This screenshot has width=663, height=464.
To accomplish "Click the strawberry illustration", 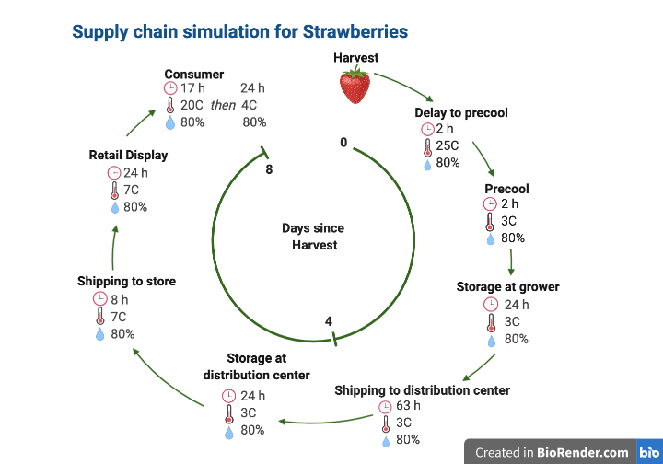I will [x=355, y=86].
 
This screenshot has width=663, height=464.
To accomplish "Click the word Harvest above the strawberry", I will [x=355, y=58].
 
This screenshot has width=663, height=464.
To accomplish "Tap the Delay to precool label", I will [x=460, y=113].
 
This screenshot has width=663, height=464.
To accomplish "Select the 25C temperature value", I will [x=448, y=146].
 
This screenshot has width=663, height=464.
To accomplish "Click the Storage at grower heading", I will [x=507, y=287].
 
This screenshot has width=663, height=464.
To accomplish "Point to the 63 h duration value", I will [x=408, y=406].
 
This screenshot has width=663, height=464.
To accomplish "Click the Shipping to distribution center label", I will [x=422, y=390].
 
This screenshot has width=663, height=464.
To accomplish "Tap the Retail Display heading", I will [x=128, y=155].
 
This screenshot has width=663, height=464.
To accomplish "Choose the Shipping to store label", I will [x=126, y=281].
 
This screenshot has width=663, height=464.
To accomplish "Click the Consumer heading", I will [x=193, y=74].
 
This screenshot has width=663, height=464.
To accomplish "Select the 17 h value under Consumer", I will [x=192, y=88].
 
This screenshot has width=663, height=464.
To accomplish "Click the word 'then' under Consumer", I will [x=223, y=105].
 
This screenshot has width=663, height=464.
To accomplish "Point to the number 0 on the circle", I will [x=343, y=143].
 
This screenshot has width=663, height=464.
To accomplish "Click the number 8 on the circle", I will [x=268, y=170].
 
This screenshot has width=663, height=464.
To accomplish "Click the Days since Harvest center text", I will [x=314, y=237].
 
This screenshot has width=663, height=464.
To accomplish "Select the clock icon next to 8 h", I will [x=100, y=299].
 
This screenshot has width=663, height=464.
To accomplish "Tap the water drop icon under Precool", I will [x=491, y=238].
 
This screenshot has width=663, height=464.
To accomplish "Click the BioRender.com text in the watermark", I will [x=584, y=452].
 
